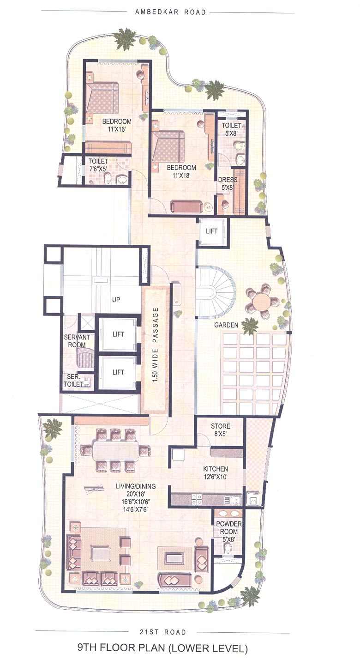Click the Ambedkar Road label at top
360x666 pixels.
[x=170, y=12]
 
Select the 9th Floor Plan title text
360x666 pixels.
[x=162, y=648]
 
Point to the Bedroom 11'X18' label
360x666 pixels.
[x=181, y=171]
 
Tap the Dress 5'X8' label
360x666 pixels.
[x=228, y=183]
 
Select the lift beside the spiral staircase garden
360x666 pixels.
[x=211, y=230]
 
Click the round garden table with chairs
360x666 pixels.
[x=262, y=303]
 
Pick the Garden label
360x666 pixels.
[x=226, y=325]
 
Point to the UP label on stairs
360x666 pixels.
[x=116, y=300]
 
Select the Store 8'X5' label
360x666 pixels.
[x=220, y=430]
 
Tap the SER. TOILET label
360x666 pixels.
[x=72, y=380]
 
